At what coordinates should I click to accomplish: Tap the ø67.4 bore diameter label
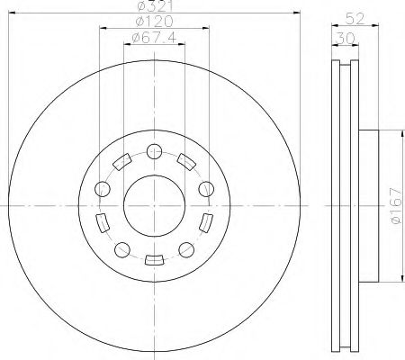(x=152, y=37)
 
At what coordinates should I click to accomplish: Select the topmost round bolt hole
(x=153, y=150)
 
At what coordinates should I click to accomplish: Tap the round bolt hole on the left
(x=102, y=189)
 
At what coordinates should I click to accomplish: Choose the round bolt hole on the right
(x=206, y=189)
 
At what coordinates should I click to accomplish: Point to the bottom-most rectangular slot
(x=153, y=260)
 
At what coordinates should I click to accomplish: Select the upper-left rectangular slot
(x=121, y=162)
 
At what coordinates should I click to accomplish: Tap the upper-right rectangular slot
(x=185, y=162)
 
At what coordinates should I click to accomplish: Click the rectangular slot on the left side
(x=101, y=222)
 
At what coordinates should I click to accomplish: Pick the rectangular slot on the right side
(x=206, y=222)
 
